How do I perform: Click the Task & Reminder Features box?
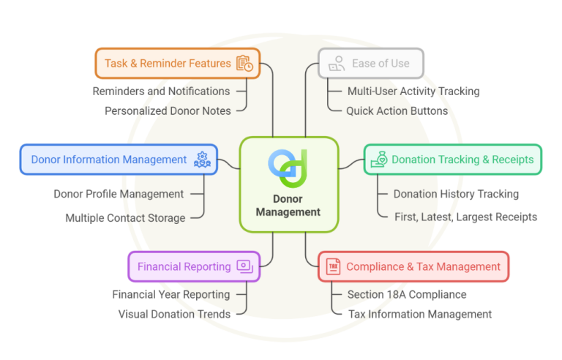[177, 64]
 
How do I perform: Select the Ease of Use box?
[371, 64]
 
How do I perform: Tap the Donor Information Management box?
[118, 160]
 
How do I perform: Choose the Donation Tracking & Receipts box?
[453, 160]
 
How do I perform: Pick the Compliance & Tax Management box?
[413, 266]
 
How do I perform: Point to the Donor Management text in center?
[288, 205]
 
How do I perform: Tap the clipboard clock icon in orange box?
[244, 64]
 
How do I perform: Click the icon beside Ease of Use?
[336, 64]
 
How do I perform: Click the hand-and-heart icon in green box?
[379, 160]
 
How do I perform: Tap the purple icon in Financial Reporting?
[244, 267]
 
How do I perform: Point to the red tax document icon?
[333, 266]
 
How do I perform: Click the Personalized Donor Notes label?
[167, 111]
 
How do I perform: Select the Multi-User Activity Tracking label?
[413, 91]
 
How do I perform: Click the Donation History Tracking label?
[456, 194]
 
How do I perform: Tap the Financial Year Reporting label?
[171, 294]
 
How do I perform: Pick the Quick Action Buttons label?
[397, 111]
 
